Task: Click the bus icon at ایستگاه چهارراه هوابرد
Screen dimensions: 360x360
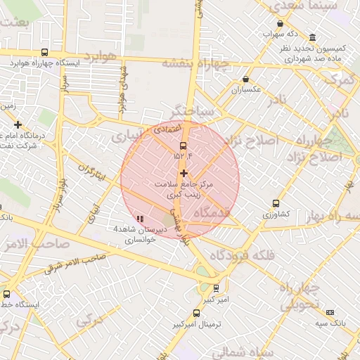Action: (x=45, y=52)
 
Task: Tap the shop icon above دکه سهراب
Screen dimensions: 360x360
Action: (x=280, y=24)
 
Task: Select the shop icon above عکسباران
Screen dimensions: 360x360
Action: (x=245, y=79)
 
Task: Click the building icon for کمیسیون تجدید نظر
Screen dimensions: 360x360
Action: (x=312, y=37)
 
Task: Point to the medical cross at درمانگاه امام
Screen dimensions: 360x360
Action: (x=18, y=124)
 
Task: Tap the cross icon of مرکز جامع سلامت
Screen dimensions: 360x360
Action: (x=184, y=173)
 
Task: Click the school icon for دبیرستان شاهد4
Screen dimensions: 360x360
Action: (x=139, y=219)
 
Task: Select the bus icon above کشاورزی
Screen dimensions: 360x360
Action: (x=276, y=203)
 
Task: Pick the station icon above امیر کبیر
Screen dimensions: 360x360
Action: (x=216, y=288)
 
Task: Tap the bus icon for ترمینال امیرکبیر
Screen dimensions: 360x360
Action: (x=174, y=326)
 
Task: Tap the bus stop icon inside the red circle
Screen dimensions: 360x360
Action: (x=184, y=146)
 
